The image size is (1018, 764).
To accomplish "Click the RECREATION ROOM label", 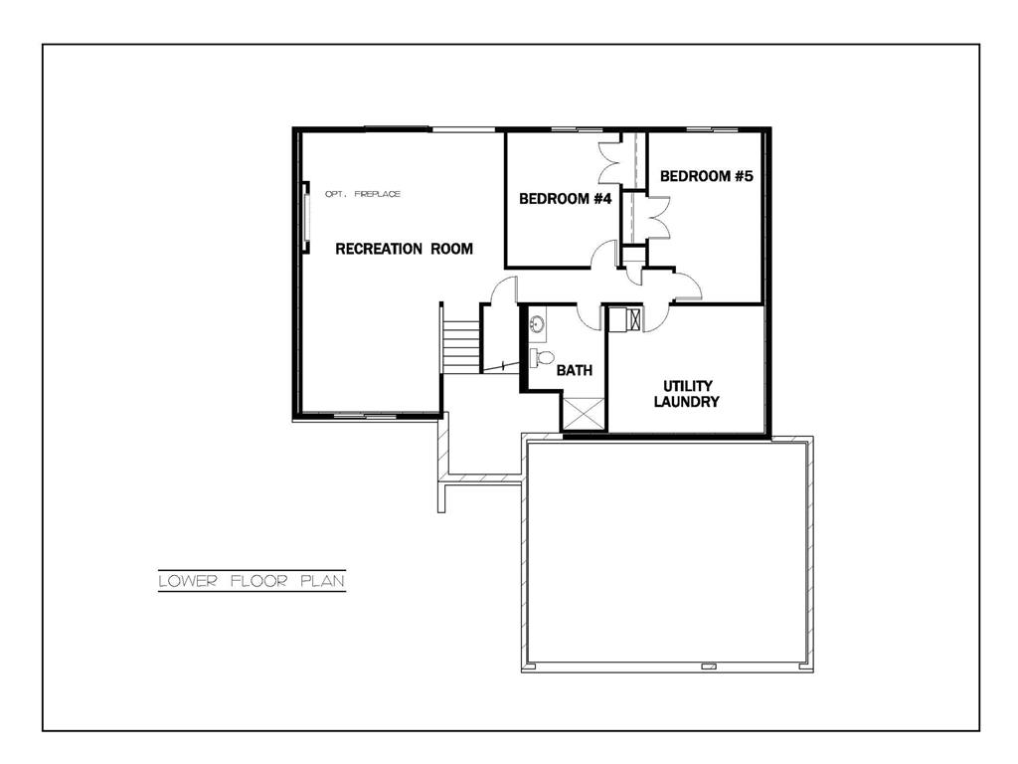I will click(x=404, y=249).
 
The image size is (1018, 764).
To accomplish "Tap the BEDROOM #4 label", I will click(x=564, y=199).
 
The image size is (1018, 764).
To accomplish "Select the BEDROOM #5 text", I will click(x=707, y=176).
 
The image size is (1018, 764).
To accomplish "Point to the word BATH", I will click(x=574, y=370).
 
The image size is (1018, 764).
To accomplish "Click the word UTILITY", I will click(x=687, y=386).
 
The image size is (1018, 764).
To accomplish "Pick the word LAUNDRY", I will click(x=686, y=402).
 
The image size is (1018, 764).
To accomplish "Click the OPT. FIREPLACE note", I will click(x=363, y=194).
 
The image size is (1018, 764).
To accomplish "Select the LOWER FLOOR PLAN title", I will click(x=252, y=581).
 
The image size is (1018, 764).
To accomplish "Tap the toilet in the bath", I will click(x=541, y=356).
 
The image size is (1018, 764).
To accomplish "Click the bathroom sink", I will click(x=536, y=324).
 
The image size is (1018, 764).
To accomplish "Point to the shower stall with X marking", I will click(x=583, y=413).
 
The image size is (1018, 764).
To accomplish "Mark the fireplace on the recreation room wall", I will click(x=307, y=214).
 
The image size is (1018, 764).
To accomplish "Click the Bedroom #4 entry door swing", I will click(x=602, y=256).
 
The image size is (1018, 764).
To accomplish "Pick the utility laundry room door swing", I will click(x=656, y=317).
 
